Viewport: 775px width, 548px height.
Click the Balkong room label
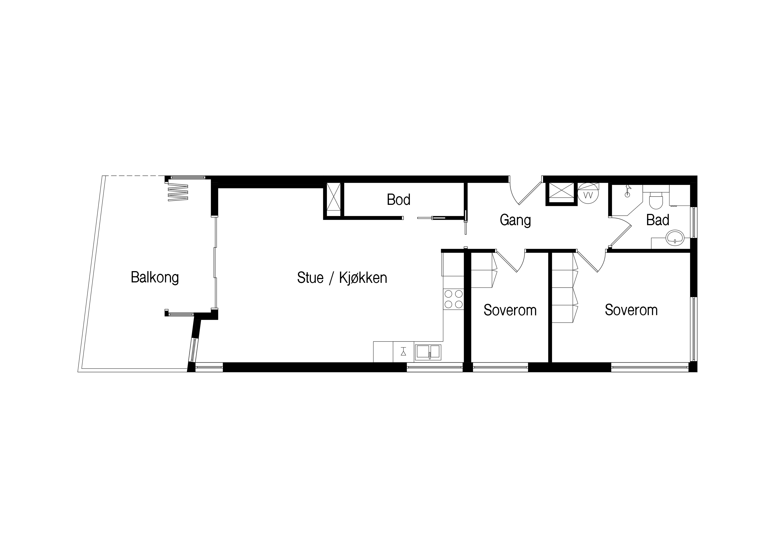coord(155,278)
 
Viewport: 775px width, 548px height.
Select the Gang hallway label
coord(515,220)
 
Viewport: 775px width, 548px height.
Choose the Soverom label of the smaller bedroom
coord(510,310)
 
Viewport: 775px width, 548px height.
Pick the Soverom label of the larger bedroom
coord(631,310)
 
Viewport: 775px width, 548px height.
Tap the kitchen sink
coord(428,352)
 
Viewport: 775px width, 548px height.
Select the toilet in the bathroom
coord(656,201)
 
